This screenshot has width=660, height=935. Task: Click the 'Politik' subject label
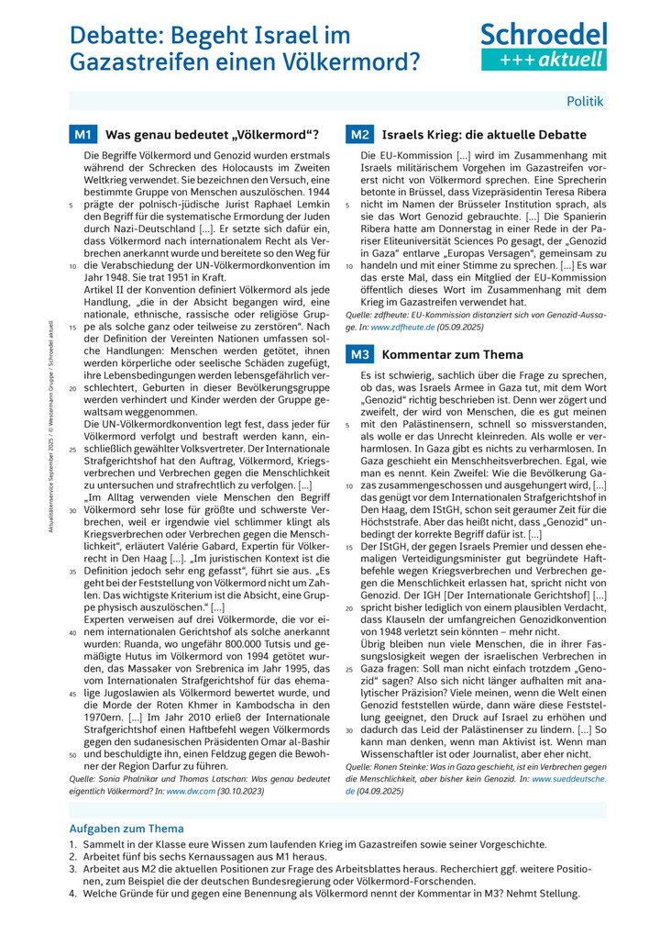point(585,101)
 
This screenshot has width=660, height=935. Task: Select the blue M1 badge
point(83,135)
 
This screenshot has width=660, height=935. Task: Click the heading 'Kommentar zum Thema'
point(453,354)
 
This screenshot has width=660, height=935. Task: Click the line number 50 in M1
point(72,755)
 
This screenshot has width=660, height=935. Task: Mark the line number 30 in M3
point(349,729)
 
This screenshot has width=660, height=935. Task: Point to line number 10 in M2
point(349,265)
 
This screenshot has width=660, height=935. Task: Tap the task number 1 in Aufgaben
point(72,844)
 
